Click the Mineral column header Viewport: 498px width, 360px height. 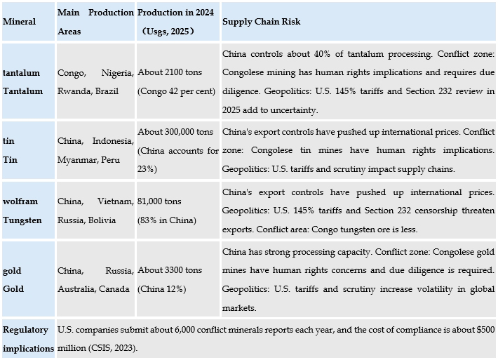(x=20, y=22)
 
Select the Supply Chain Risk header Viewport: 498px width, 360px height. (x=261, y=22)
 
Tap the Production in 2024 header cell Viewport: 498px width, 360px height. (x=176, y=13)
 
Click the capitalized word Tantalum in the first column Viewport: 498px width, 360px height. (x=22, y=91)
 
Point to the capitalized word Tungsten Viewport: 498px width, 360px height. (x=22, y=220)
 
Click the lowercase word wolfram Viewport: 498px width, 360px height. (x=20, y=201)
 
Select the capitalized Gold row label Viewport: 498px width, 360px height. (x=13, y=289)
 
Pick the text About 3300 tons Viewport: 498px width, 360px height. (x=169, y=271)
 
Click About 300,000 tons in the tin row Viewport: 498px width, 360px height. (x=175, y=132)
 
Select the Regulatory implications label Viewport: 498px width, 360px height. (x=28, y=339)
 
